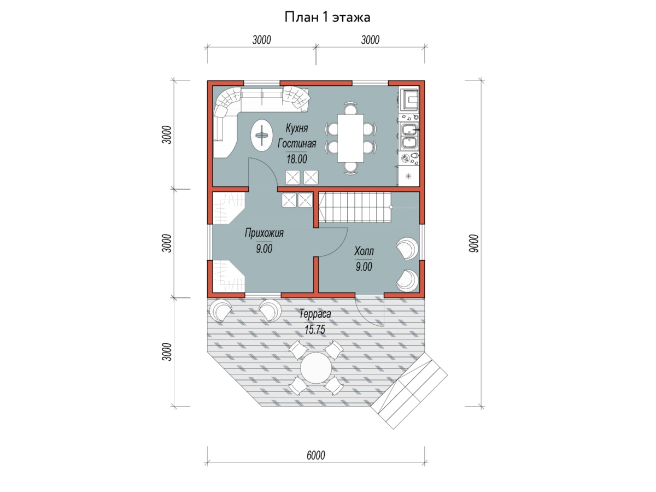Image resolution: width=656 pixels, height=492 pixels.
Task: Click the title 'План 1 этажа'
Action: tap(327, 17)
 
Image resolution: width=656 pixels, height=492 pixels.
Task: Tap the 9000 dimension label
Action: tap(473, 243)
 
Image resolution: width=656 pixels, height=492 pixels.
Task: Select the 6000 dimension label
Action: tap(315, 455)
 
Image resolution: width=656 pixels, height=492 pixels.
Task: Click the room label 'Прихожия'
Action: tap(264, 233)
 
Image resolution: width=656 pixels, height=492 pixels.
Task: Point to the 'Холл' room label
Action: tap(364, 251)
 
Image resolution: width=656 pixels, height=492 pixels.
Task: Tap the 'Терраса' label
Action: tap(315, 314)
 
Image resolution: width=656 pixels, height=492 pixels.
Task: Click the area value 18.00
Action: tap(297, 159)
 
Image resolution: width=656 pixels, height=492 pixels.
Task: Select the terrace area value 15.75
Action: tap(315, 330)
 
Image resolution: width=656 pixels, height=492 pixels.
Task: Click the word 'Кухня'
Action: tap(296, 128)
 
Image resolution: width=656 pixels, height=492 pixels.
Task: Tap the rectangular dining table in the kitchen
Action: tap(350, 138)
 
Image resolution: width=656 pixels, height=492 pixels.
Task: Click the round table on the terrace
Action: tap(316, 368)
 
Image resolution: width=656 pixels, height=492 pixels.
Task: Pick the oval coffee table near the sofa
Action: tap(261, 135)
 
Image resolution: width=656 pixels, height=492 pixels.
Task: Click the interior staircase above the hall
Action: tap(355, 207)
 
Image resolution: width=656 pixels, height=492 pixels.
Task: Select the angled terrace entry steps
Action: tap(409, 391)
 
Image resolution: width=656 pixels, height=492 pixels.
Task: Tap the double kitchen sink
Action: tap(409, 137)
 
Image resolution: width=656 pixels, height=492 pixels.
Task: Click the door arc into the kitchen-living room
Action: tap(267, 169)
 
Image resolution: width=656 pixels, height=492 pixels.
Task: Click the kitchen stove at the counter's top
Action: tap(409, 99)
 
